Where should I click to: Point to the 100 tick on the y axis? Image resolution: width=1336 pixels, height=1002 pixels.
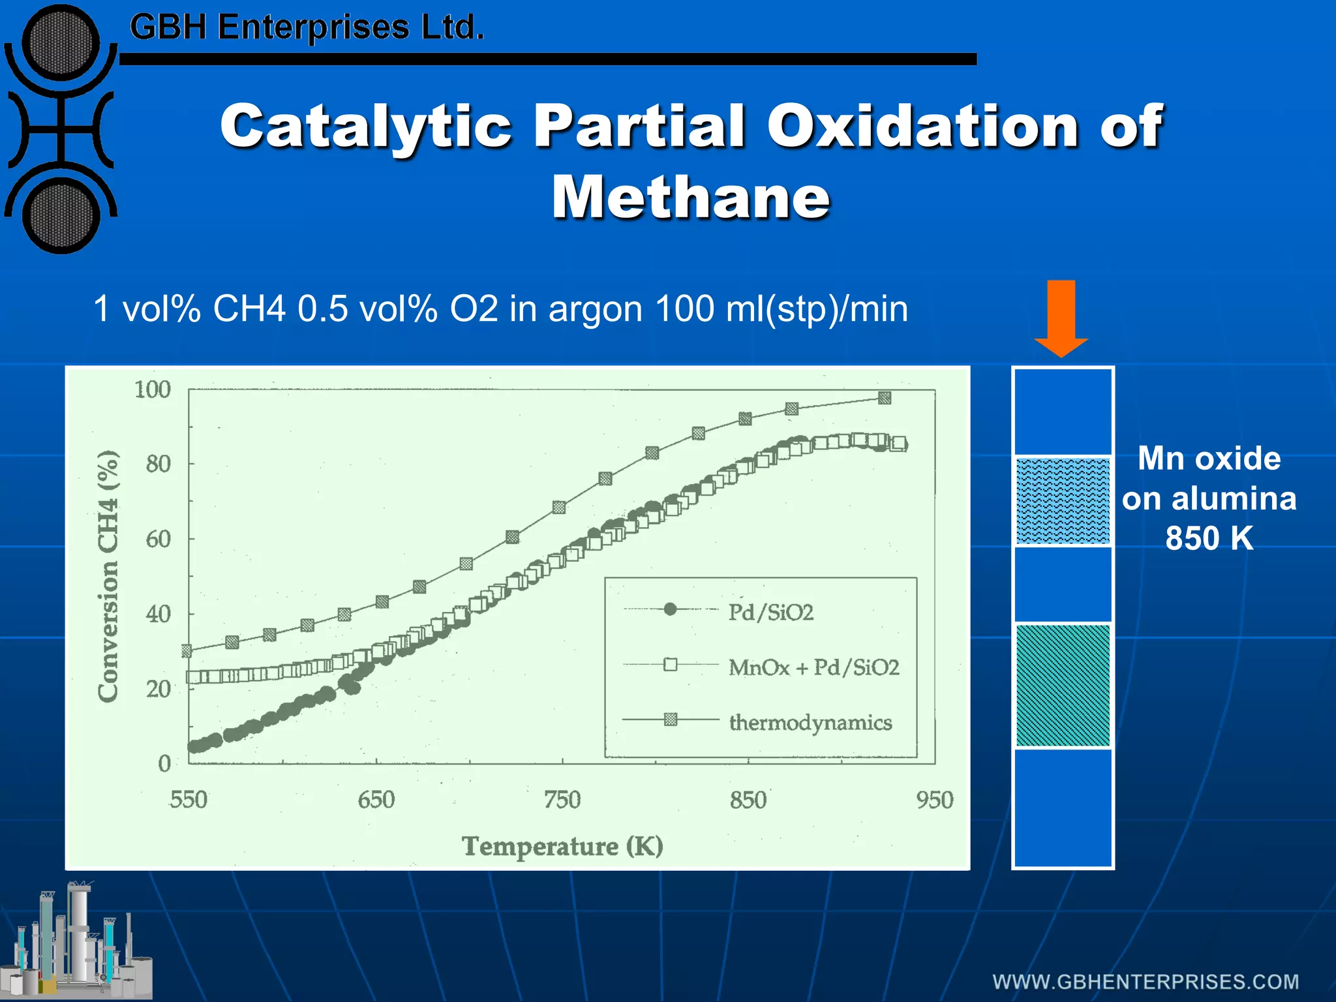152,389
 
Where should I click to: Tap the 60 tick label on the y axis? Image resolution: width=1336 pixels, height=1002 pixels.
158,539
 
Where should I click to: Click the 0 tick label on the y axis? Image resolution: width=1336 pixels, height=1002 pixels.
164,763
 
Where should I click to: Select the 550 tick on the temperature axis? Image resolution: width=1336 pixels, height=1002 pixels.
188,800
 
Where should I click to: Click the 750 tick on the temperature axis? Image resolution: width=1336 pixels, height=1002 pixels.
562,800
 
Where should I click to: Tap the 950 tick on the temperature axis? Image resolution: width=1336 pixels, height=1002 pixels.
935,800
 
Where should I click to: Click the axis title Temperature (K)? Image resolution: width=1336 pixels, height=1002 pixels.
562,846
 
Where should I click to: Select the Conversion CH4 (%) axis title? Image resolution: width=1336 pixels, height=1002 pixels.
108,576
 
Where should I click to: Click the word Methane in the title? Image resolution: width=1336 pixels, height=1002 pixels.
690,197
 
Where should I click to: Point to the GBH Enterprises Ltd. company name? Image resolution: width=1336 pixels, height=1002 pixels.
307,27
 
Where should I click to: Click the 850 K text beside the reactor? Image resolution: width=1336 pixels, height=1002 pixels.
1209,538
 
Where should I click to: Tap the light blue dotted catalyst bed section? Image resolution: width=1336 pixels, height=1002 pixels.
1063,501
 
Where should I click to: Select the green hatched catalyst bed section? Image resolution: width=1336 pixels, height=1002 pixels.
1063,685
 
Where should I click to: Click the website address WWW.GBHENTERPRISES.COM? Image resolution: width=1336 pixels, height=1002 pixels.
1146,982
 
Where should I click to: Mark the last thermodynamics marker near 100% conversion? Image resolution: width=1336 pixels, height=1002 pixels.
885,398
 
